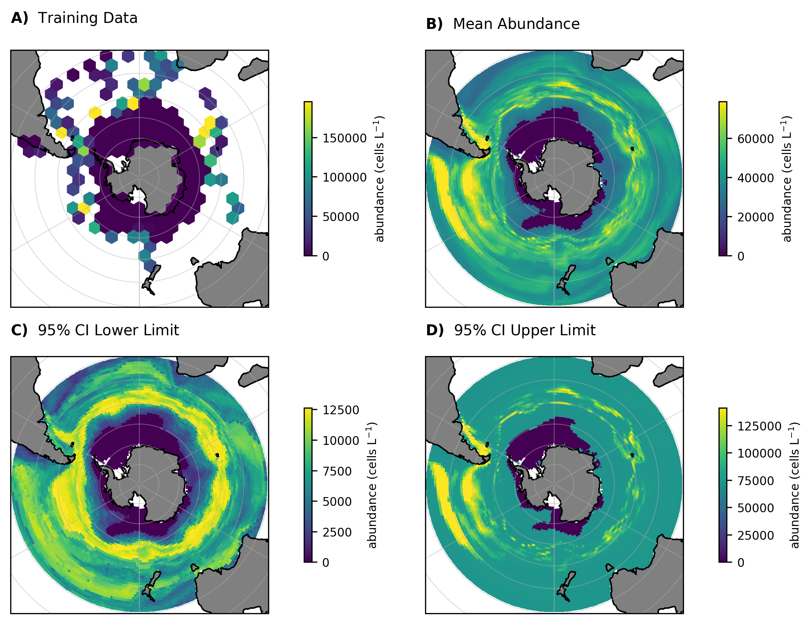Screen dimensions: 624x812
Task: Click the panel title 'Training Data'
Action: tap(87, 18)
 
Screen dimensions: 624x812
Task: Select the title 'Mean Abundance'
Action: tap(516, 24)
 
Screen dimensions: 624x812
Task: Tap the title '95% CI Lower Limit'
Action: tap(108, 330)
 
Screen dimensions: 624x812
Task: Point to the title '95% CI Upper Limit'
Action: tap(525, 330)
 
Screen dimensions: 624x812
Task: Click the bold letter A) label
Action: tap(19, 18)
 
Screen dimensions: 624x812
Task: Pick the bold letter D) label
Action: tap(435, 330)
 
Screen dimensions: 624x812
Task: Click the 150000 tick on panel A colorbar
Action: tap(344, 138)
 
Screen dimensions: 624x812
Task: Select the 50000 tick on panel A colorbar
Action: tap(340, 217)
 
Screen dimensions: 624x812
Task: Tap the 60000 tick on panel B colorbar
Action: tap(755, 139)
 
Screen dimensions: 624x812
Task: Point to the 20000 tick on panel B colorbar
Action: tap(755, 217)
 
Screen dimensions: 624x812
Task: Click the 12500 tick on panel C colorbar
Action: tap(340, 410)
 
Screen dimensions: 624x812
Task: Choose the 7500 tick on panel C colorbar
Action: tap(337, 471)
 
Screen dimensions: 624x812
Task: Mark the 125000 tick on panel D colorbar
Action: tap(759, 426)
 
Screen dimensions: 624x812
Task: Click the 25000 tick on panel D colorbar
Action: tap(755, 536)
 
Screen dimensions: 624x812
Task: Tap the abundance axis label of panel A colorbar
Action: tap(379, 179)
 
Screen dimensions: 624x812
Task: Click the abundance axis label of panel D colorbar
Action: tap(794, 485)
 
